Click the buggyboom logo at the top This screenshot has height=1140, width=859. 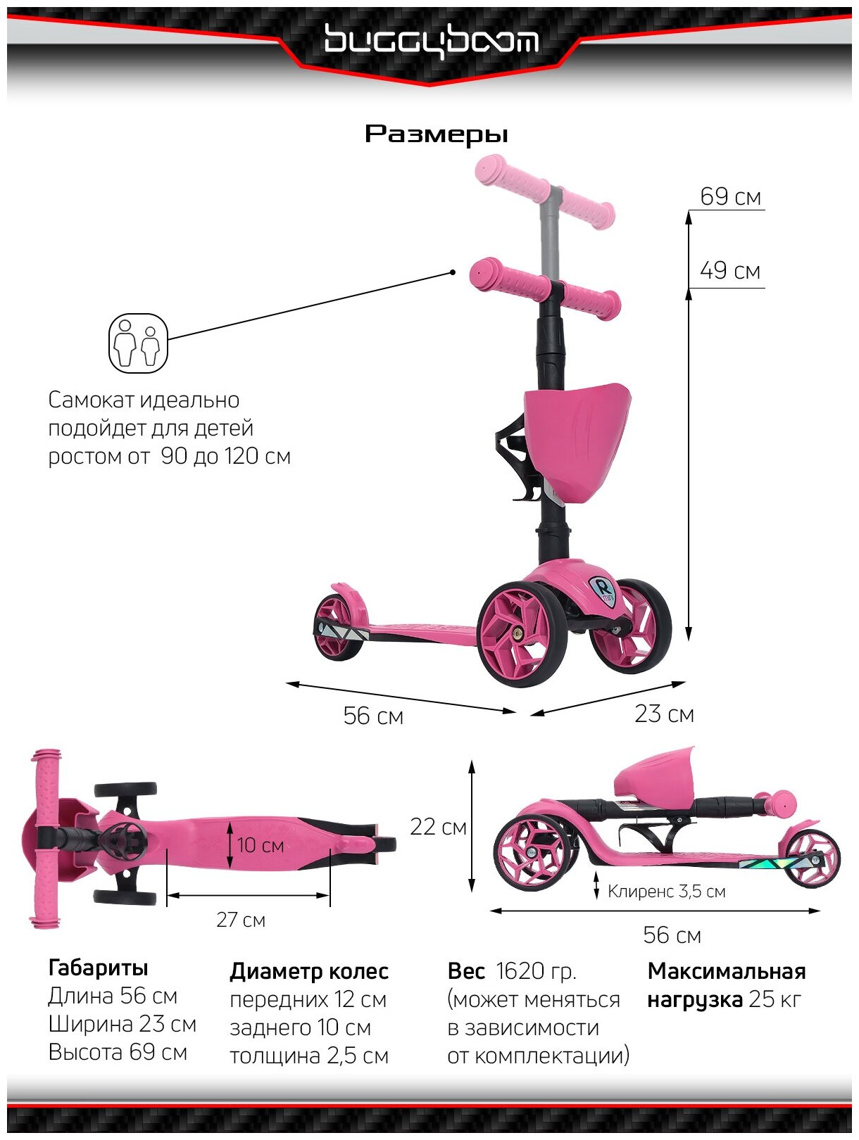point(431,40)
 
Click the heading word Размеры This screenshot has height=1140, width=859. point(436,134)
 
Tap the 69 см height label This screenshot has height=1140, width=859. point(730,197)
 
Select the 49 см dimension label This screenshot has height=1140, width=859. point(730,271)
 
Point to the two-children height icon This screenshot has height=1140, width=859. point(138,343)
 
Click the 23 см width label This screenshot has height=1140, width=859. point(664,714)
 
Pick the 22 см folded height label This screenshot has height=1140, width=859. point(438,827)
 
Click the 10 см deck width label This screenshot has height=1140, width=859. point(261,845)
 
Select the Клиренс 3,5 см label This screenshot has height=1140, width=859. point(666,892)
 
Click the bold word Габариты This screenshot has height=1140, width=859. point(98,968)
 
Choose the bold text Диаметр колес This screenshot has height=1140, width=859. point(309,972)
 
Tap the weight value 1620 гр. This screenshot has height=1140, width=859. point(536,972)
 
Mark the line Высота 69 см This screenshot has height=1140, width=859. point(118,1053)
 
